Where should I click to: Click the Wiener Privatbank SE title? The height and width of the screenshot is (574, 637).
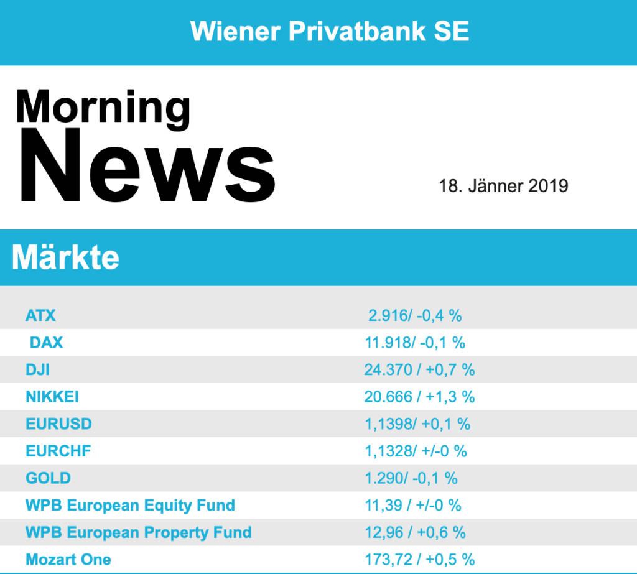click(330, 30)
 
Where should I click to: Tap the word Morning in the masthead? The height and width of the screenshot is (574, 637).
click(103, 106)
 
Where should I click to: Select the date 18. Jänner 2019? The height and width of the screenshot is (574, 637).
click(503, 186)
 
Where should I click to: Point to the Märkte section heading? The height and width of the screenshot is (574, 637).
click(65, 257)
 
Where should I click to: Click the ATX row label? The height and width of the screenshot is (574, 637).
click(40, 315)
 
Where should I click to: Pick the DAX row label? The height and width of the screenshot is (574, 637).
click(46, 342)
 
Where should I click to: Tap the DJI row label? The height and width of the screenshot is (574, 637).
click(37, 369)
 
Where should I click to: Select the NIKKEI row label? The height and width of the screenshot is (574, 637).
click(52, 397)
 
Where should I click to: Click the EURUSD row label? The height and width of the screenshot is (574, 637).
click(58, 424)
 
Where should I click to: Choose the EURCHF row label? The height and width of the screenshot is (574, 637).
click(58, 451)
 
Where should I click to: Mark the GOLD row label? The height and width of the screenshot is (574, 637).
click(48, 478)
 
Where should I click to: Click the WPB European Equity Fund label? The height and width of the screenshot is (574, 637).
click(130, 505)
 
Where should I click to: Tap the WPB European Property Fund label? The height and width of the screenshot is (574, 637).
click(138, 532)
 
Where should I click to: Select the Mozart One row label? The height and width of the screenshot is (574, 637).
click(68, 559)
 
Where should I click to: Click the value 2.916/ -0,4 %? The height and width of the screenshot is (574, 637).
click(415, 315)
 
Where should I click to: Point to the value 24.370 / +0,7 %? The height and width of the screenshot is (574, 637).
click(419, 369)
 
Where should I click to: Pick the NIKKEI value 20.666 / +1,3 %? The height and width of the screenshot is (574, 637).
click(419, 397)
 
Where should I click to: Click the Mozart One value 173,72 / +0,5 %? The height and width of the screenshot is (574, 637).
click(419, 559)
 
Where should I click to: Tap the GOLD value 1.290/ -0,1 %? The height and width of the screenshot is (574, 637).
click(411, 478)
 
